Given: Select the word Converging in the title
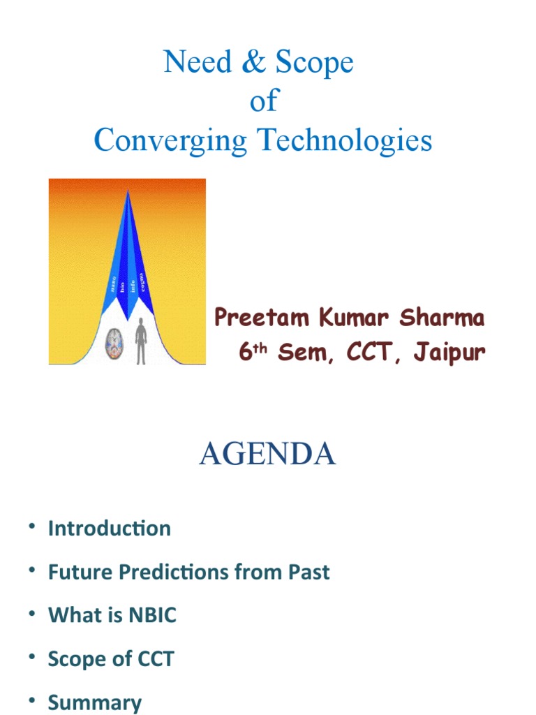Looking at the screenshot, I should tap(171, 141).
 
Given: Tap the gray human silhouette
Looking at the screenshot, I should tap(141, 340).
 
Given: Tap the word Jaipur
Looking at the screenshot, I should tap(448, 353).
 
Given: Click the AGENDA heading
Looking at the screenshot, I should tap(267, 455).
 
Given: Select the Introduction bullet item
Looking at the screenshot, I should tap(110, 529).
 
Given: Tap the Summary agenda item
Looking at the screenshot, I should tap(95, 702).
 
